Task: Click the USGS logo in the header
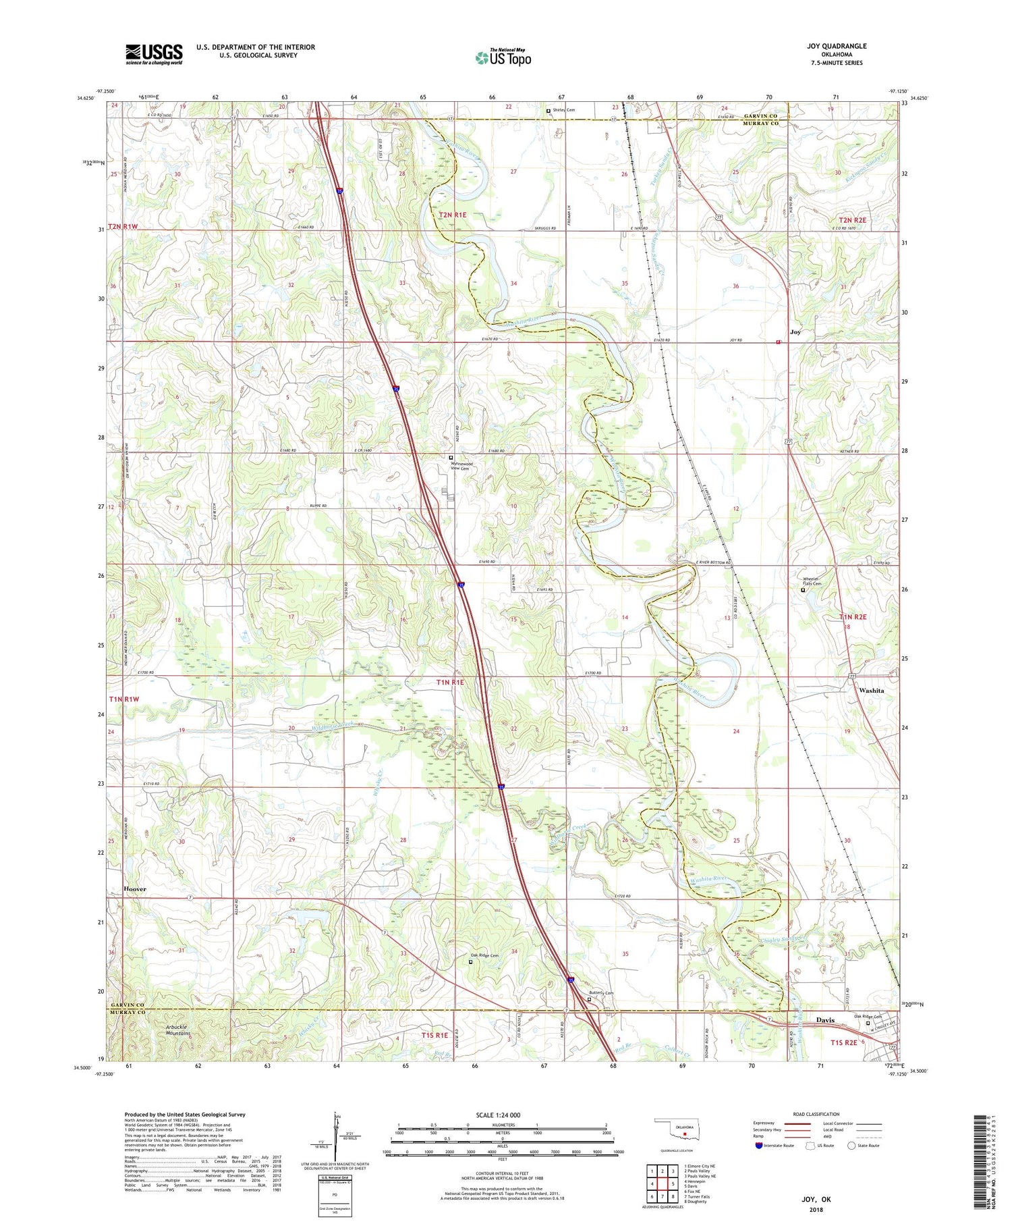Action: point(154,54)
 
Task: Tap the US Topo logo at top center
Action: point(503,58)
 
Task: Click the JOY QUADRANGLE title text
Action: point(836,46)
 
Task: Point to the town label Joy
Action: point(795,332)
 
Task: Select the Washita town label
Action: point(872,691)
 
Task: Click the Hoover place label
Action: point(135,889)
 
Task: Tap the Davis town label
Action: point(825,1020)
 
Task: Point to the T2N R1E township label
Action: point(453,215)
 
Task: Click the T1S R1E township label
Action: point(434,1035)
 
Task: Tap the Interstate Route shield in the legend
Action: point(758,1146)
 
